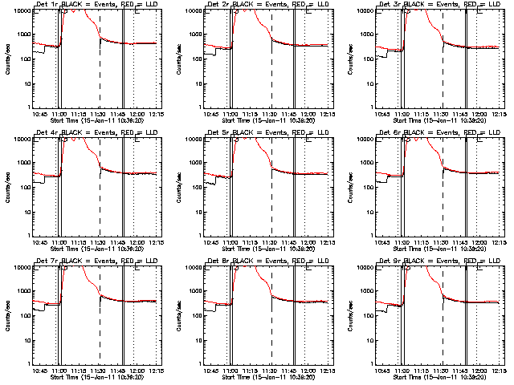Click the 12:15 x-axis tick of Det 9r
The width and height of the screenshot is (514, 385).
coord(499,371)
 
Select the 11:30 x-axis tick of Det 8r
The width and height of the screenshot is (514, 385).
coord(271,371)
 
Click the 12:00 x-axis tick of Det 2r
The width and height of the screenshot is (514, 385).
coord(308,114)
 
